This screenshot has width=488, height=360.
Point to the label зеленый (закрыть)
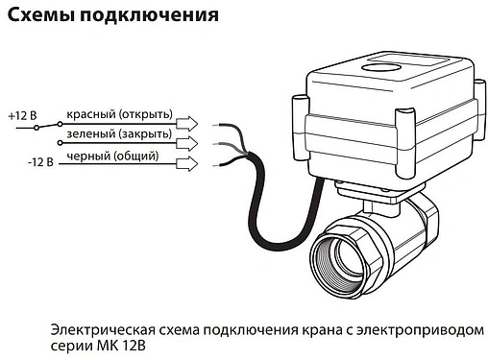[x=118, y=133]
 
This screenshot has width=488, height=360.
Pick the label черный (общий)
[x=110, y=156]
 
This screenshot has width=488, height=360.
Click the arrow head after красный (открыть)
[x=190, y=123]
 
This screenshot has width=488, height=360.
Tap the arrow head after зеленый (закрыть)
[x=190, y=143]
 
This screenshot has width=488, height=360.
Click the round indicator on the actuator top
[x=381, y=69]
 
